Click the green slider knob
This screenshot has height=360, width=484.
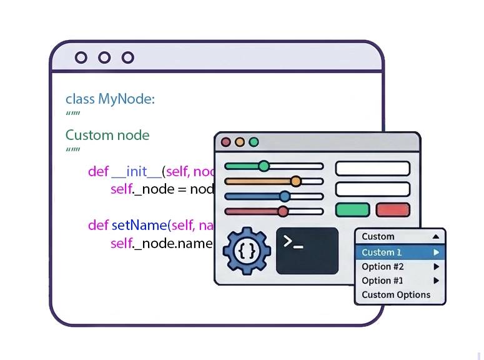[x=264, y=166]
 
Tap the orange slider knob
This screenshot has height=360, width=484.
[x=295, y=181]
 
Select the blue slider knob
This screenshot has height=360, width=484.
[x=285, y=196]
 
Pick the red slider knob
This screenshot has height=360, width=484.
[x=283, y=211]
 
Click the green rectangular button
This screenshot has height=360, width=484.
[x=352, y=210]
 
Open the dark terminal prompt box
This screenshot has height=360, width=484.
[x=307, y=251]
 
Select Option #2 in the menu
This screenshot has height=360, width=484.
[x=383, y=267]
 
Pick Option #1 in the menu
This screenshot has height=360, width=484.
[x=383, y=281]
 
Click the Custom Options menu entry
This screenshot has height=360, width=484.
[x=396, y=295]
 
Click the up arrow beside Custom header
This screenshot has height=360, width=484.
[x=436, y=237]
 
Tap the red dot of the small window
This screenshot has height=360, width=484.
[x=226, y=142]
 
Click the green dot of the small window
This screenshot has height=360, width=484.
[x=254, y=142]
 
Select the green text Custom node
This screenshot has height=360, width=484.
[x=107, y=135]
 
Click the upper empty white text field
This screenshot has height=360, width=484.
[x=373, y=168]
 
